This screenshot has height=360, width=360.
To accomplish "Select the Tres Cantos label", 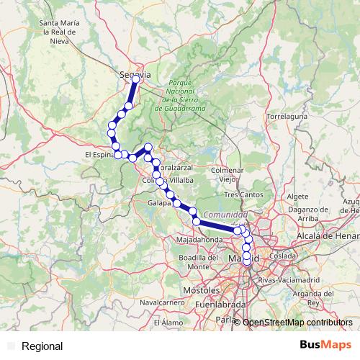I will [240, 195].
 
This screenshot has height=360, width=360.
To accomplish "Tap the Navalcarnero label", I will [163, 303].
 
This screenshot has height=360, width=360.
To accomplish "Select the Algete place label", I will [297, 196].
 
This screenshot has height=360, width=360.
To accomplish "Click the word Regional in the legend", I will [42, 346].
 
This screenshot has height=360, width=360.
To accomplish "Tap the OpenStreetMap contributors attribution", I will [297, 323].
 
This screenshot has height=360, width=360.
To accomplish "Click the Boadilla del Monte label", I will [198, 262].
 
